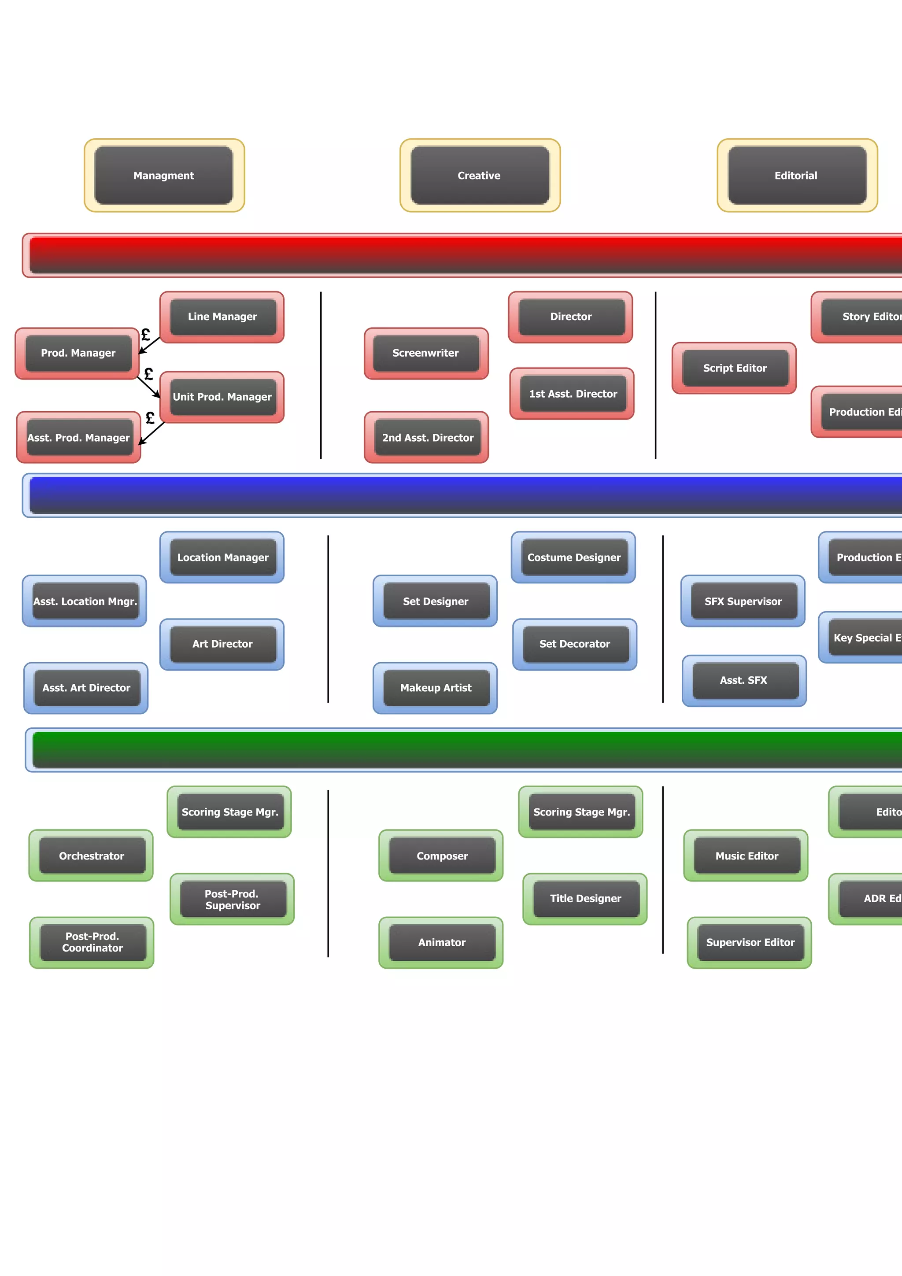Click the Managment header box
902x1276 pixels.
(164, 176)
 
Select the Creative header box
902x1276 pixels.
(480, 176)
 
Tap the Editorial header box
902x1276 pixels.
(796, 176)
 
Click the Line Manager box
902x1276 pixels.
(222, 317)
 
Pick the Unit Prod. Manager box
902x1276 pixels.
(222, 397)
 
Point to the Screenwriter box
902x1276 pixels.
(426, 353)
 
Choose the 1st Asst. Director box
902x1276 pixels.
(573, 394)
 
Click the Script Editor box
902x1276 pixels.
(734, 368)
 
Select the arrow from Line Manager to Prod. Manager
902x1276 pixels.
(149, 345)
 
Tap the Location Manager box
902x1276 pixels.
(222, 557)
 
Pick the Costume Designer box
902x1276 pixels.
(573, 557)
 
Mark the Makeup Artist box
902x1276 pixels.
(435, 688)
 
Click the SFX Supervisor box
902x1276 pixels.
(743, 601)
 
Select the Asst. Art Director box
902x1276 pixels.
(86, 688)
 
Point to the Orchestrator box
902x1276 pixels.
(91, 856)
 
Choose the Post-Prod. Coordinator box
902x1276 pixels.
(92, 943)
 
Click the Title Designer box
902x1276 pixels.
(585, 899)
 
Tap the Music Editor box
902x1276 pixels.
(747, 856)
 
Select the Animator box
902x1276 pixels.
(441, 943)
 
